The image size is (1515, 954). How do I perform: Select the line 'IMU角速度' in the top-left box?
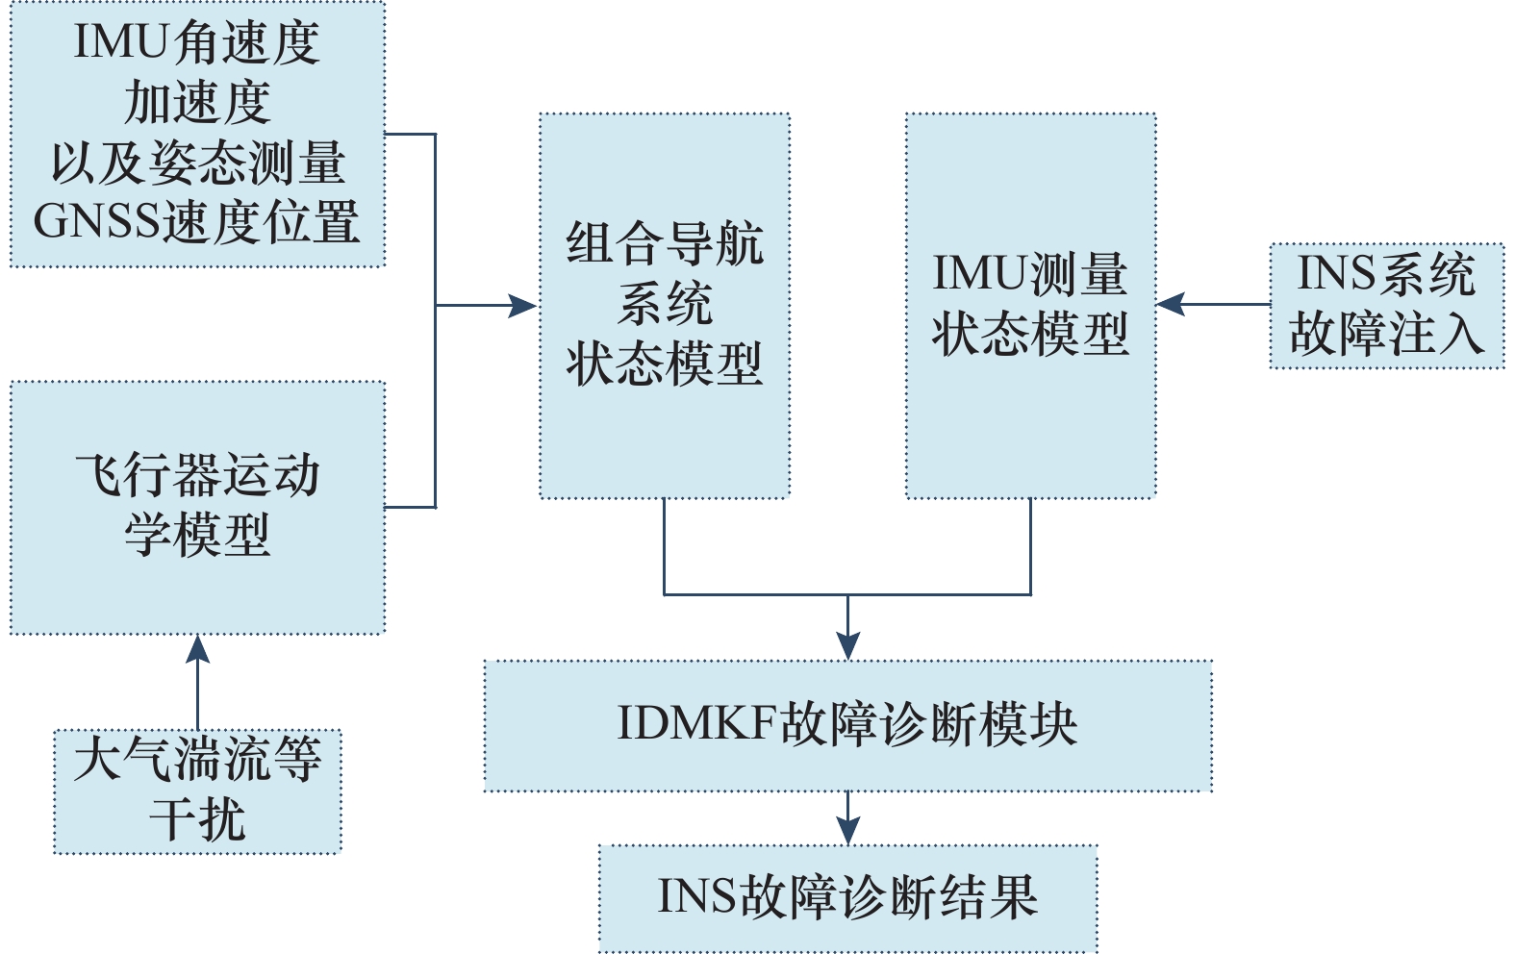[x=197, y=43]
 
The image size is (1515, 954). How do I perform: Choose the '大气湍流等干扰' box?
[x=197, y=791]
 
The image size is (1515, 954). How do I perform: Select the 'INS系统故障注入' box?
[x=1386, y=306]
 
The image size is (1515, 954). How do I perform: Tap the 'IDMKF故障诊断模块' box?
[x=847, y=725]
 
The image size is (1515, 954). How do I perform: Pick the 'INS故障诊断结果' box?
[x=847, y=897]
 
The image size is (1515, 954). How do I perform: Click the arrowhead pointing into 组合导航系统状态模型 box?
[x=523, y=306]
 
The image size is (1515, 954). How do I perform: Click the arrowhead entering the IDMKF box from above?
[x=847, y=646]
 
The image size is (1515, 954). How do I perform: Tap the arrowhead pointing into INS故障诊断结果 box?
[x=847, y=831]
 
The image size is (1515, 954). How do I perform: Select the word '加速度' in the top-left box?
[x=197, y=103]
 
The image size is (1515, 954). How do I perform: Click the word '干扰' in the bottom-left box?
[x=197, y=820]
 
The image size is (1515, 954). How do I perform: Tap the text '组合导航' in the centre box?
[x=665, y=244]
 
